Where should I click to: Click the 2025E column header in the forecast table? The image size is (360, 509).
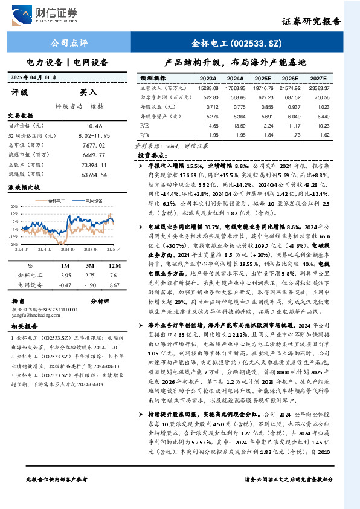click(x=262, y=79)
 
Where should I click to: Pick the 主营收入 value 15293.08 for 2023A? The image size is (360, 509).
click(x=208, y=88)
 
